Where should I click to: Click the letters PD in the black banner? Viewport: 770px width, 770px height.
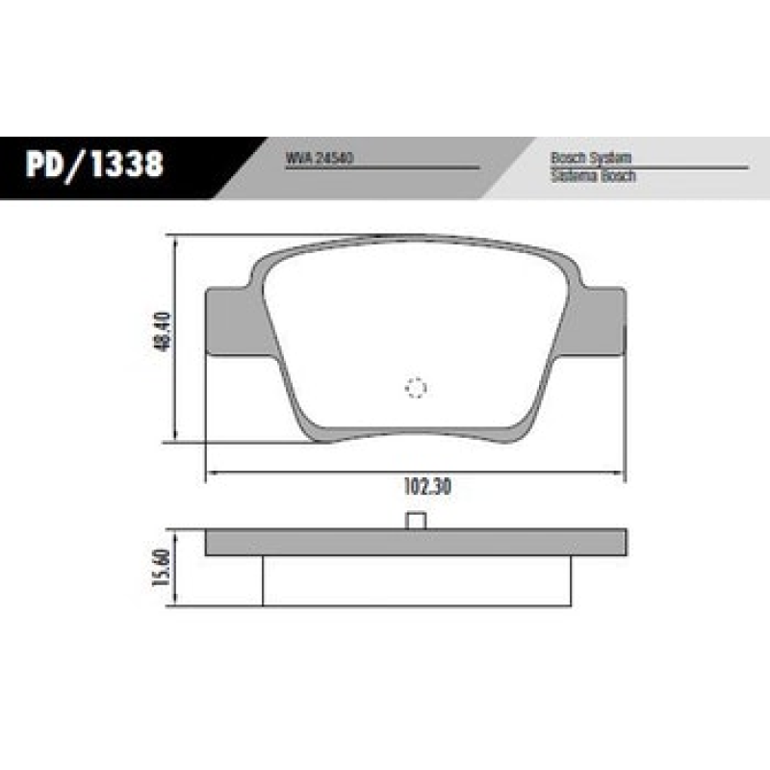tap(45, 166)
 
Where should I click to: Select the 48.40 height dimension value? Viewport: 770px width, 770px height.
tap(161, 331)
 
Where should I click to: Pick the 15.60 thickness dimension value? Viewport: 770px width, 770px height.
tap(161, 569)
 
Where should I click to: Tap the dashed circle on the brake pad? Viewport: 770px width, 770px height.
tap(416, 388)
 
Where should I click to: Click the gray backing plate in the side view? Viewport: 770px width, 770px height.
tap(416, 543)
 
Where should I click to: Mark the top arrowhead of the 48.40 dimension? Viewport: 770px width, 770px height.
tap(174, 241)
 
